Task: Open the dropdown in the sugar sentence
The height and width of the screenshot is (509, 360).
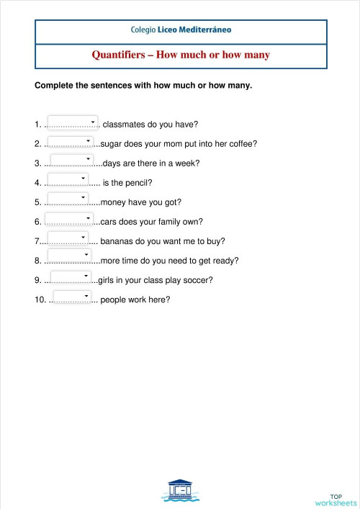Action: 69,142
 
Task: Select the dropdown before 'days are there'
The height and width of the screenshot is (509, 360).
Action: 71,161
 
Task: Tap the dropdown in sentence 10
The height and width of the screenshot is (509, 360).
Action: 72,297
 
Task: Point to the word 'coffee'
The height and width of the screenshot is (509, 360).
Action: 240,143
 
